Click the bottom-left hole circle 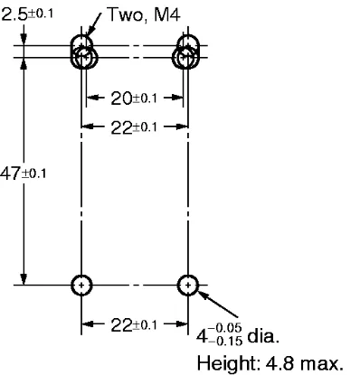(x=82, y=285)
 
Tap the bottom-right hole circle (x=187, y=285)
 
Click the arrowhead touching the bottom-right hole (x=202, y=293)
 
